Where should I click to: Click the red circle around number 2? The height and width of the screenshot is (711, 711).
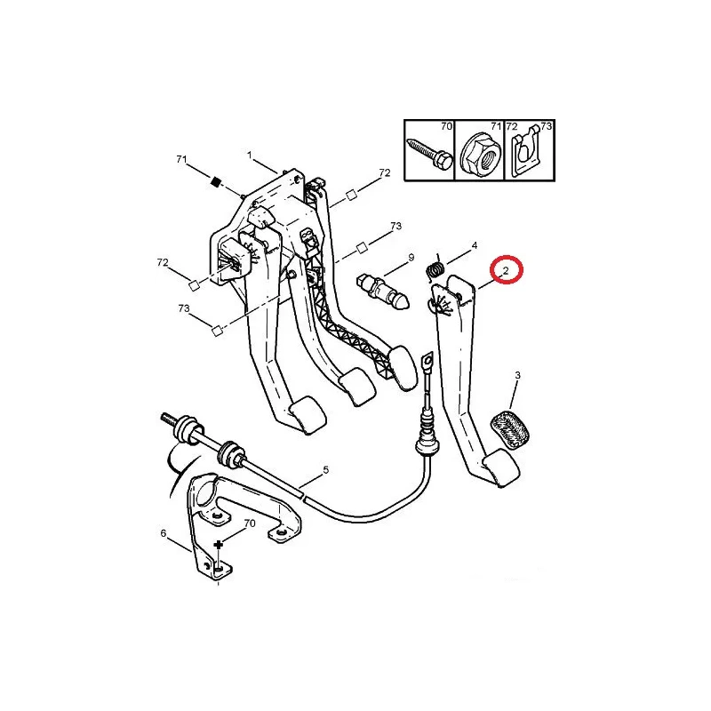[x=507, y=270]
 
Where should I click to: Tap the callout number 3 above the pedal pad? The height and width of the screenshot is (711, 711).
[x=517, y=375]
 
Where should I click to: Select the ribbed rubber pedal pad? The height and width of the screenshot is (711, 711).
[x=510, y=429]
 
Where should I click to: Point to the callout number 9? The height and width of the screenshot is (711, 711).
[x=411, y=258]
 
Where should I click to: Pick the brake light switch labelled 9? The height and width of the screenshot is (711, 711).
[x=383, y=292]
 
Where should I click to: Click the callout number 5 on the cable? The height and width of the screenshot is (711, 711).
[x=325, y=470]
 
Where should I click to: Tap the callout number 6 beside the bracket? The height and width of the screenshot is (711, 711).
[x=164, y=533]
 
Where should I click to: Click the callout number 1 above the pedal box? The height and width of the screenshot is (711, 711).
[x=250, y=155]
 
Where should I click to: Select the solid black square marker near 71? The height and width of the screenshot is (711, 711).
[x=216, y=182]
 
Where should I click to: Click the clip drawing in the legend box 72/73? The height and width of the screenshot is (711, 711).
[x=527, y=151]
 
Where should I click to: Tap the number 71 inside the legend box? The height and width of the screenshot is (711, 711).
[x=496, y=126]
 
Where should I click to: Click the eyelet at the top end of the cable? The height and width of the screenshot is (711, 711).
[x=427, y=363]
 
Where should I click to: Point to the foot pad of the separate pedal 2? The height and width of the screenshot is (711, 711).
[x=500, y=467]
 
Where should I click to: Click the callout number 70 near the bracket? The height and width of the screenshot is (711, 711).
[x=250, y=523]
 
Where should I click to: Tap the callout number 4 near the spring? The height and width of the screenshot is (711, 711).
[x=475, y=246]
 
